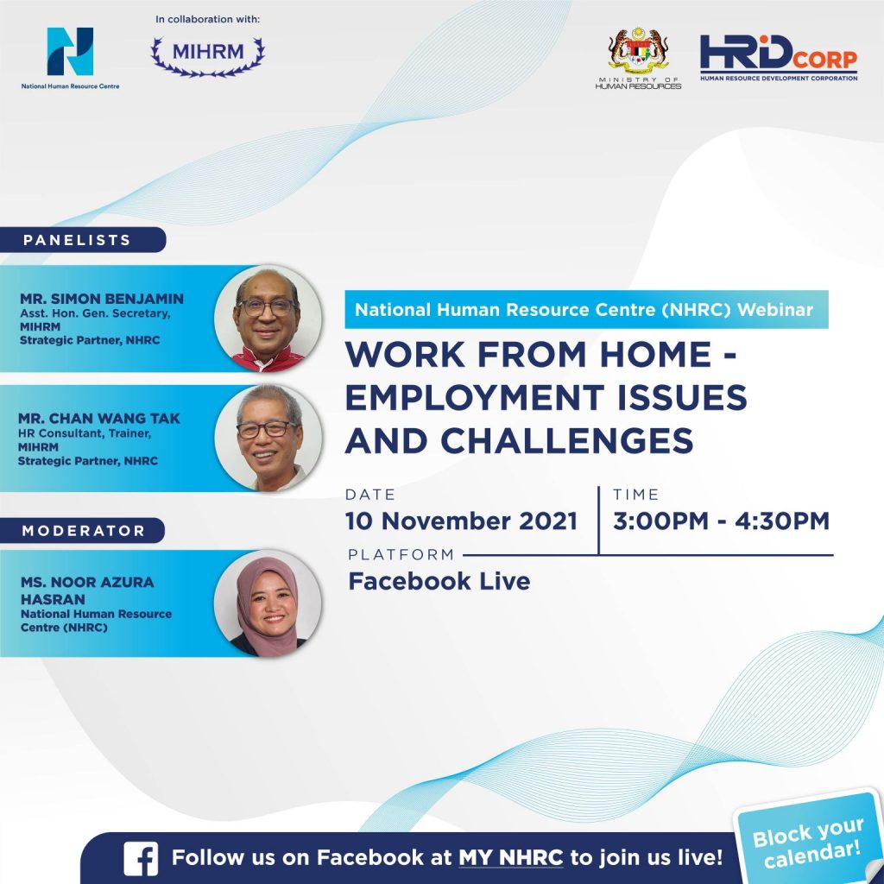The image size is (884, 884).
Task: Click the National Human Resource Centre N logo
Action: coord(70,51)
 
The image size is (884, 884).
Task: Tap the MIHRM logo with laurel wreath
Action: coord(207,56)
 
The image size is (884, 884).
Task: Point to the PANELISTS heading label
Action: coord(77,240)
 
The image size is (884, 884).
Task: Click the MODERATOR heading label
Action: coord(83,531)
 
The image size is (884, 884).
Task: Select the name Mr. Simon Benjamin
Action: coord(102,299)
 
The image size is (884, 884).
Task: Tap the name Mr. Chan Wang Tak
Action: coord(99,419)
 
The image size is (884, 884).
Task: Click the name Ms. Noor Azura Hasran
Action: coord(87,590)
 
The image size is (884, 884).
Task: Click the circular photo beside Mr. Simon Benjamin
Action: coord(268,319)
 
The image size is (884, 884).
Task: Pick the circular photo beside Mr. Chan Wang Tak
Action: coord(268,438)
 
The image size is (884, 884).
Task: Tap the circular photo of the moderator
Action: coord(268,603)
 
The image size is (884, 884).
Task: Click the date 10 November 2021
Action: coord(461,521)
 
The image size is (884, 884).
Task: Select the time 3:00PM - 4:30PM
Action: coord(721,521)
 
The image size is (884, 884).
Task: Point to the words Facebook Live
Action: coord(439,581)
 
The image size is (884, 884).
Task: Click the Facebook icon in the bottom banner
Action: coord(141,859)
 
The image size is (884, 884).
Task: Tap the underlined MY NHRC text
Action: coord(511,858)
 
